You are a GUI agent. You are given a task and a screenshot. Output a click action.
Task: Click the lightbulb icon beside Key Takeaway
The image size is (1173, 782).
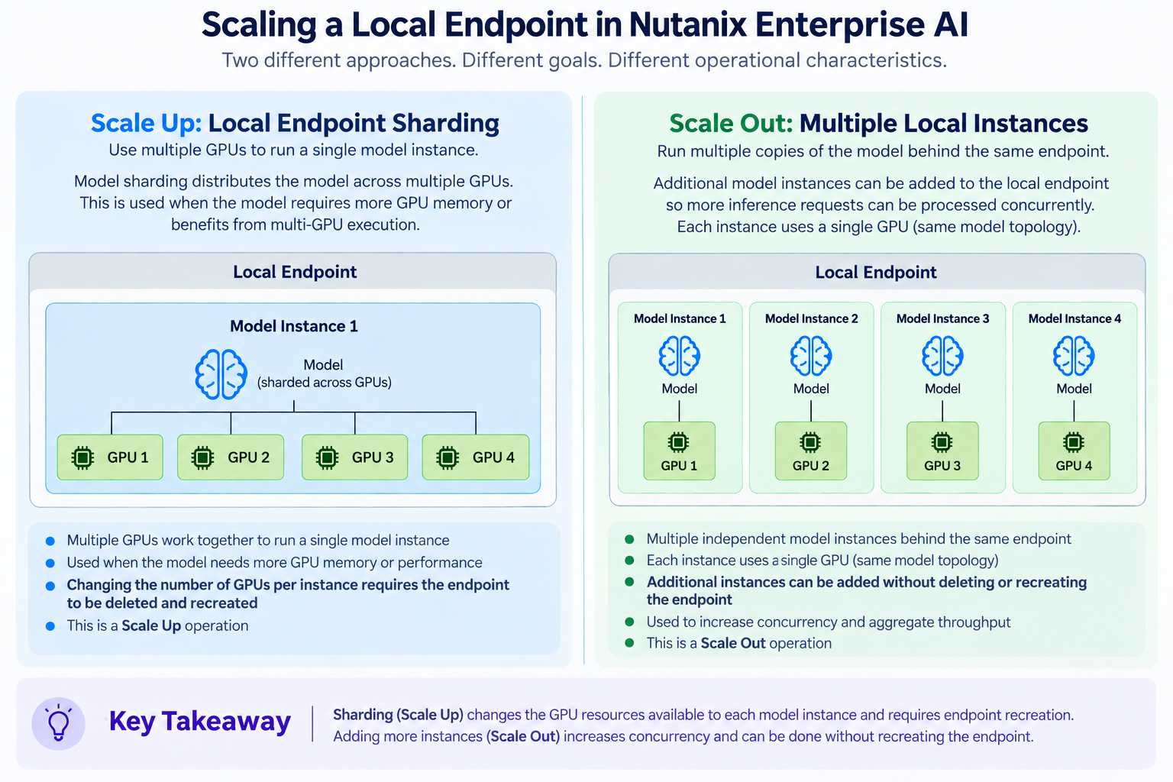coord(58,722)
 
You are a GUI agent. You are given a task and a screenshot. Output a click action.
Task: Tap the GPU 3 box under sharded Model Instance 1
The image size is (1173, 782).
coord(354,457)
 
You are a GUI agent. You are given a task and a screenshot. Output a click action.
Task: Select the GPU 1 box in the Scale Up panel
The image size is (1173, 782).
coord(110,457)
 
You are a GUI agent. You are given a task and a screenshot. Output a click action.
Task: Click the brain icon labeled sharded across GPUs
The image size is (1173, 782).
coord(221,374)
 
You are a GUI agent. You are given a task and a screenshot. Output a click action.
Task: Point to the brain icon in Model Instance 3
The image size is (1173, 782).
coord(942,356)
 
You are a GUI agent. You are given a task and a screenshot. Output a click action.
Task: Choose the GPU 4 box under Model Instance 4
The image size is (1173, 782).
coord(1074,451)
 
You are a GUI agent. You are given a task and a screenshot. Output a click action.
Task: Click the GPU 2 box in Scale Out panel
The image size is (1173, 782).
coord(810,451)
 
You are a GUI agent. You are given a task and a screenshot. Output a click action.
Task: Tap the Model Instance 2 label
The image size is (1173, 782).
coord(812,318)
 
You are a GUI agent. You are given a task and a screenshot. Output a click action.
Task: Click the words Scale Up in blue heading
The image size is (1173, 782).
coord(146,123)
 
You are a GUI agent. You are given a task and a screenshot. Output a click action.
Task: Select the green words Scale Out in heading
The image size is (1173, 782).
coord(731,124)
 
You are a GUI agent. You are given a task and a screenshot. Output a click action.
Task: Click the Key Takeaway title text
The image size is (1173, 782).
coord(199,721)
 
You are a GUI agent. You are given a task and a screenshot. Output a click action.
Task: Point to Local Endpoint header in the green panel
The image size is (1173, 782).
coord(876,273)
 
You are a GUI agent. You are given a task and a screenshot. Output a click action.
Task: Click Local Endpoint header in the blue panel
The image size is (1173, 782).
coord(295,272)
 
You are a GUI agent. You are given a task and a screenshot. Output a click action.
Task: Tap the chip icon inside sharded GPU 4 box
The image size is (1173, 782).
coord(448,457)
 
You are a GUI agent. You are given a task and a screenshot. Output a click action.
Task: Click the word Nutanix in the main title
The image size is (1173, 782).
coord(688,24)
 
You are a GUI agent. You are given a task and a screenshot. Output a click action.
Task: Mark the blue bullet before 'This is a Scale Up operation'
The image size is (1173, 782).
coord(50,626)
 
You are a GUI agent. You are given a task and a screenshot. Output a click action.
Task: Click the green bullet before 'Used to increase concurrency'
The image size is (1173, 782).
coord(629,622)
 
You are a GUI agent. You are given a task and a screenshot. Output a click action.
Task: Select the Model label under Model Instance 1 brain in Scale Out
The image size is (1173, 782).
coord(679,389)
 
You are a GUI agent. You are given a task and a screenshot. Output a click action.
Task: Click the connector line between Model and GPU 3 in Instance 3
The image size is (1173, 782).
coord(942,411)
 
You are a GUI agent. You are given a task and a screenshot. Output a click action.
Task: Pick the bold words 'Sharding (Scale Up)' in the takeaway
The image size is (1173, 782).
coord(398,715)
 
